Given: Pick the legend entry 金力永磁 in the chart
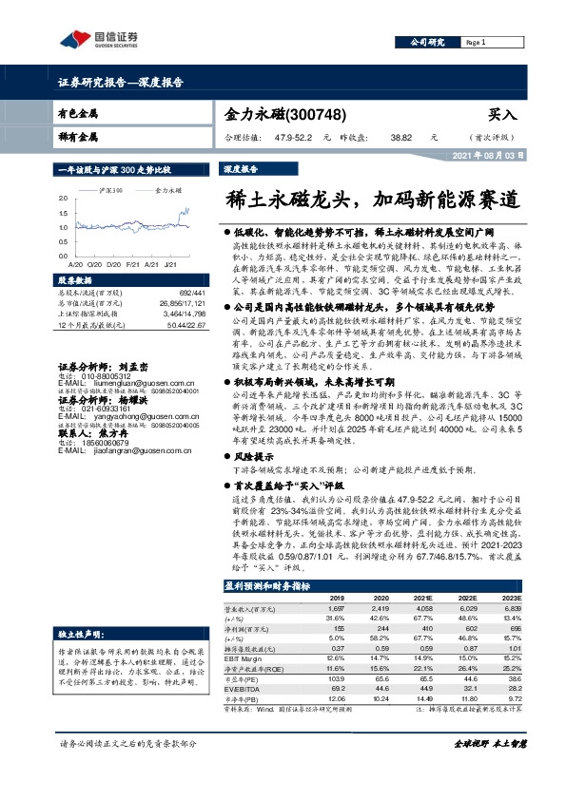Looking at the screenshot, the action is pyautogui.click(x=169, y=190).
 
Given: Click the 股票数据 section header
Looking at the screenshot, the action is pyautogui.click(x=77, y=281).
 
